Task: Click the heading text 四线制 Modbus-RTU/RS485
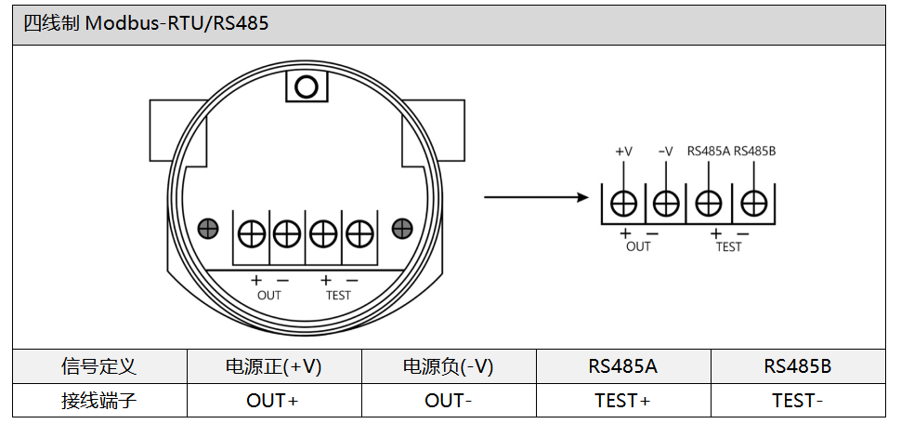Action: coord(146,23)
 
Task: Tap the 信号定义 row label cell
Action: coord(99,366)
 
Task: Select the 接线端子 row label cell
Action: coord(99,401)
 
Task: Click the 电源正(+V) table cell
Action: coord(274,366)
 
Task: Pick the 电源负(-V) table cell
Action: coord(449,366)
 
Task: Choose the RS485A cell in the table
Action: coord(623,366)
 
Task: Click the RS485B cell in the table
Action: coord(798,366)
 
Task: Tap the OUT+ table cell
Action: coord(274,401)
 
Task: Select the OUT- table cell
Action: coord(449,401)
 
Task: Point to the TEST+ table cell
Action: coord(623,401)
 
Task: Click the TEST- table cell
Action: coord(798,401)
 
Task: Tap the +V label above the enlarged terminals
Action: coord(624,151)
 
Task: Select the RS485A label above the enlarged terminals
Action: coord(709,151)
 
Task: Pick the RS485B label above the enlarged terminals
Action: coord(755,151)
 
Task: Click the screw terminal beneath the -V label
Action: coord(666,203)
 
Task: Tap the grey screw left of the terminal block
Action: coord(209,228)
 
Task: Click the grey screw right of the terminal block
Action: coord(402,228)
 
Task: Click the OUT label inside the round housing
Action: coord(269,296)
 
